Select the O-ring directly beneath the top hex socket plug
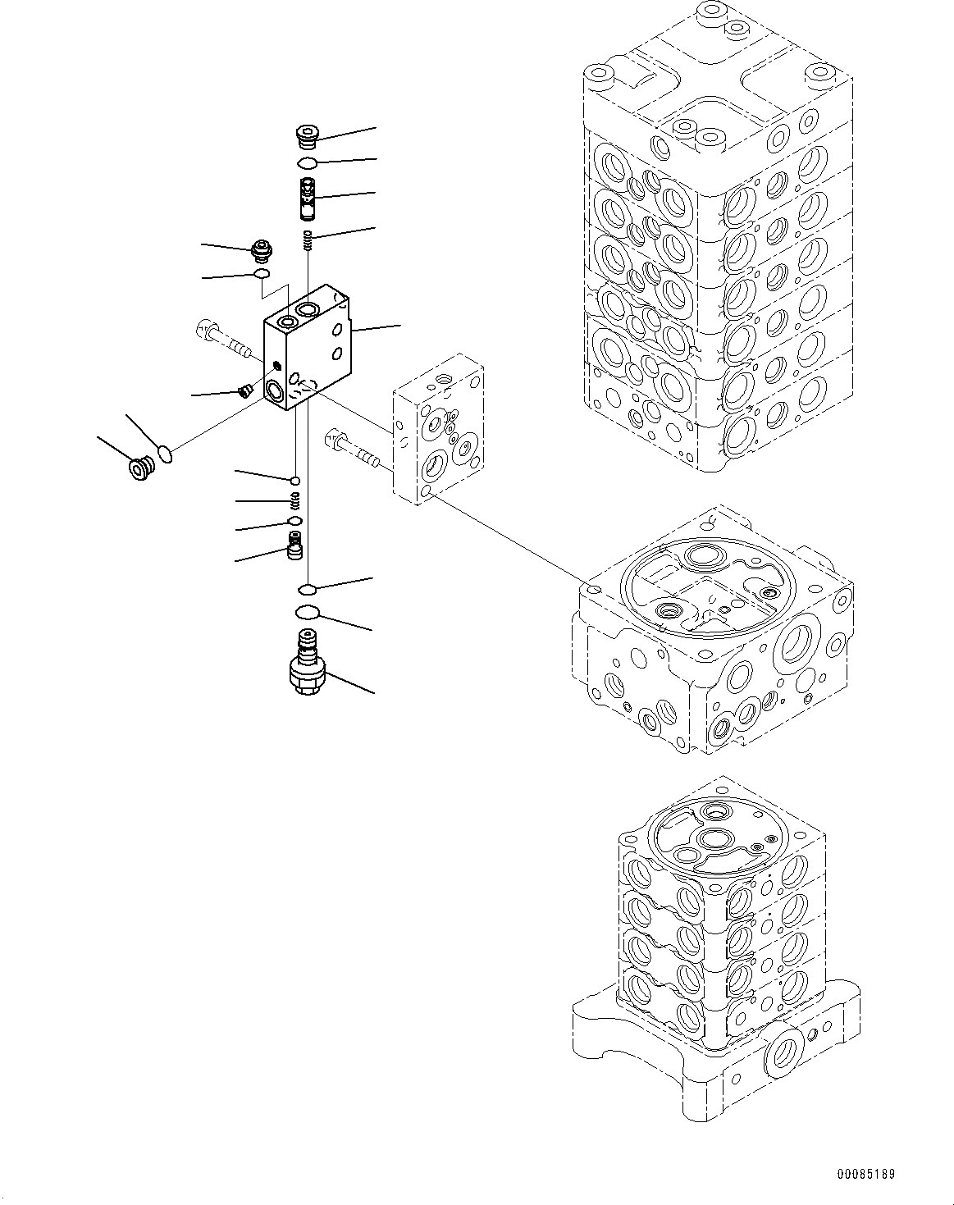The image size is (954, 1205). (x=307, y=164)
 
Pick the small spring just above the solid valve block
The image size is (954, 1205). (x=308, y=240)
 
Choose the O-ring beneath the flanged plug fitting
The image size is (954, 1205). (x=262, y=273)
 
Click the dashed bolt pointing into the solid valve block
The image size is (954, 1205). (x=222, y=340)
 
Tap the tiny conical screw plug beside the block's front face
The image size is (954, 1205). (x=243, y=390)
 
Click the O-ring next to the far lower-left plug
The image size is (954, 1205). (x=164, y=453)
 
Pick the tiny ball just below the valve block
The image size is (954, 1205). (x=294, y=480)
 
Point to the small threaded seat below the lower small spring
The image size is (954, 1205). (x=294, y=545)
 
